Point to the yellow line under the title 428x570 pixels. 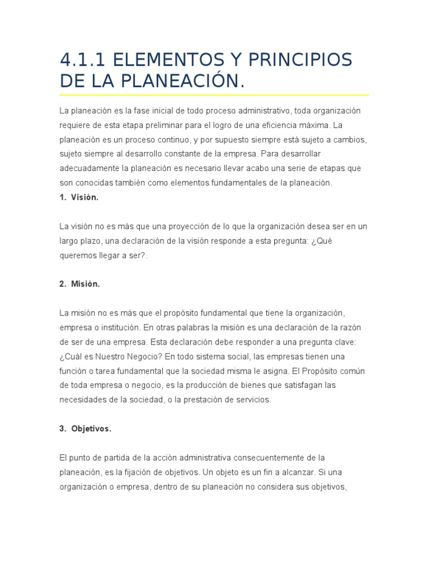click(x=214, y=95)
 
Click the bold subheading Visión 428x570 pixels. click(x=85, y=198)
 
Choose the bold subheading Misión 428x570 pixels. click(x=85, y=284)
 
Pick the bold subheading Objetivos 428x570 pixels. click(x=91, y=429)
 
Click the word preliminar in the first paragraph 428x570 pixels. click(x=155, y=125)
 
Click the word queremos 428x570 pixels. click(x=77, y=255)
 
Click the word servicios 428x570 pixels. click(x=251, y=400)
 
